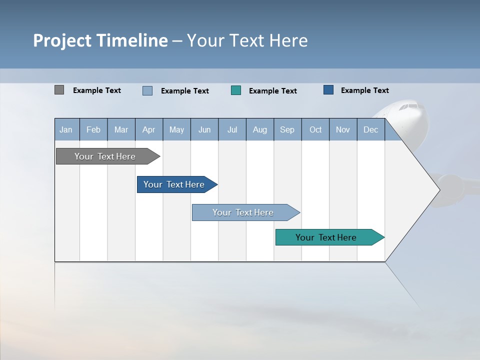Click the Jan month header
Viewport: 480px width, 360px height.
tap(66, 129)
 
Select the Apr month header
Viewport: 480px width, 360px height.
tap(148, 129)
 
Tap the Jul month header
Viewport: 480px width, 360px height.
tap(232, 129)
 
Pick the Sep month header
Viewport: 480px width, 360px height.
tap(287, 129)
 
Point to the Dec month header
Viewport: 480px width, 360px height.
tap(370, 129)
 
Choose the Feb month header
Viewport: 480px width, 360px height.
tap(93, 129)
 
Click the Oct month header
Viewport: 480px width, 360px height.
tap(315, 129)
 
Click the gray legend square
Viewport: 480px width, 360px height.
tap(59, 90)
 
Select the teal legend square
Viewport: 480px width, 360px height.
tap(236, 90)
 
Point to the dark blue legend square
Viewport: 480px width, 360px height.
tap(328, 90)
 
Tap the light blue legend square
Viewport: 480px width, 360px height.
tap(147, 90)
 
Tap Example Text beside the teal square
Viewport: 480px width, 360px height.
tap(272, 91)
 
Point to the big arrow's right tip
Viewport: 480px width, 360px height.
tap(438, 189)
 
